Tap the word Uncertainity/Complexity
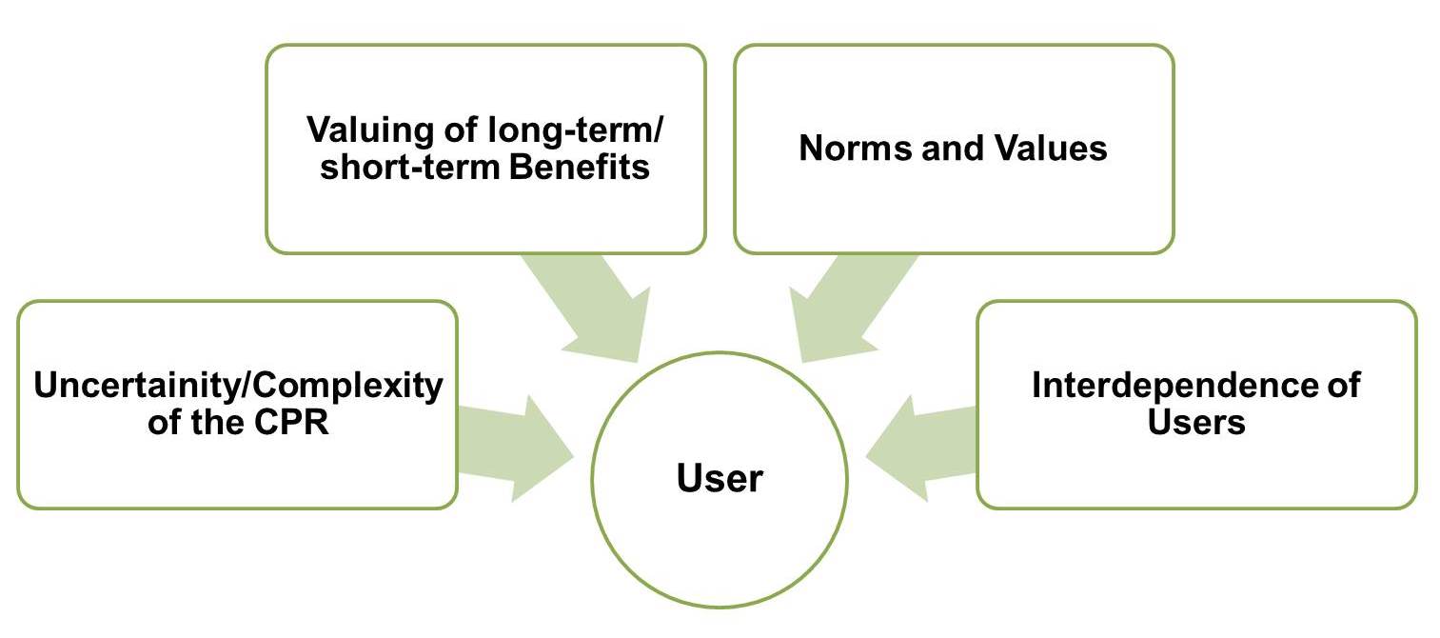(238, 387)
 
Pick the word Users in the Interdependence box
(1196, 421)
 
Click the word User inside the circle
(720, 478)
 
